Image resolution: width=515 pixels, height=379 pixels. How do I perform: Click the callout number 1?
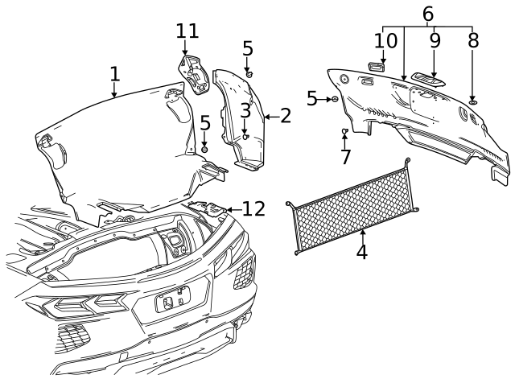[x=114, y=74]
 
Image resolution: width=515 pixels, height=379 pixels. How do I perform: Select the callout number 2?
[x=284, y=116]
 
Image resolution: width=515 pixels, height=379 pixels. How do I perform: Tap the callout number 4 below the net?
[x=362, y=251]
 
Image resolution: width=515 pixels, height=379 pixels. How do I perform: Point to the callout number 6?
[x=427, y=14]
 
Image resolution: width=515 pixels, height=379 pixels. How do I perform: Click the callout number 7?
[x=346, y=156]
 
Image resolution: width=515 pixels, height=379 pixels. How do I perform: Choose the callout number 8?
[x=472, y=40]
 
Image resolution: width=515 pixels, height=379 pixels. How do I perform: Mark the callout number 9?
[x=435, y=40]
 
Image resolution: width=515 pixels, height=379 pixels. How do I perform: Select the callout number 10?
[x=385, y=40]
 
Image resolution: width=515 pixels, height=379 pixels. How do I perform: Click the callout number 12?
[x=253, y=209]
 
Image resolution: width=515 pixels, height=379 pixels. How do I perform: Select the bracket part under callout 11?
[x=193, y=72]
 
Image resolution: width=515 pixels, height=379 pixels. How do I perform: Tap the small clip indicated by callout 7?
[x=345, y=131]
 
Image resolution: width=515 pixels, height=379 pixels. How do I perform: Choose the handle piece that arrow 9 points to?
[x=426, y=78]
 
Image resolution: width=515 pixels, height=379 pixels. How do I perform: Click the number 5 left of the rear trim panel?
[x=311, y=98]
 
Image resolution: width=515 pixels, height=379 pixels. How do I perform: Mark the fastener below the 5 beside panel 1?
[x=205, y=149]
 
